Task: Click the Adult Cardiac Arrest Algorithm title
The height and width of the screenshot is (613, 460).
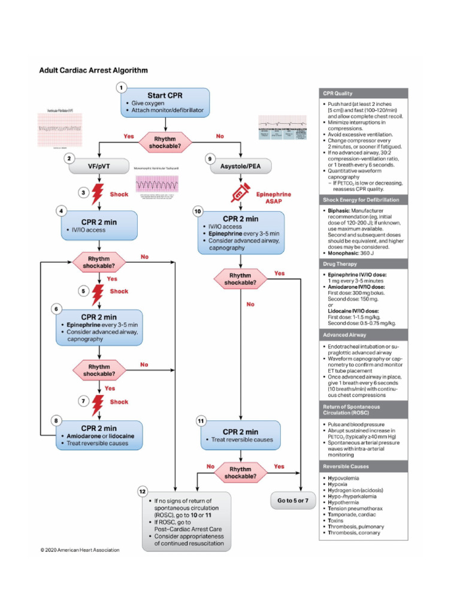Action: pos(93,70)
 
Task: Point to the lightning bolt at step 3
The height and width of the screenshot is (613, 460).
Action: pos(98,194)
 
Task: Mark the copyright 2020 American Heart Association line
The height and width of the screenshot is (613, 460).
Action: pos(80,550)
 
